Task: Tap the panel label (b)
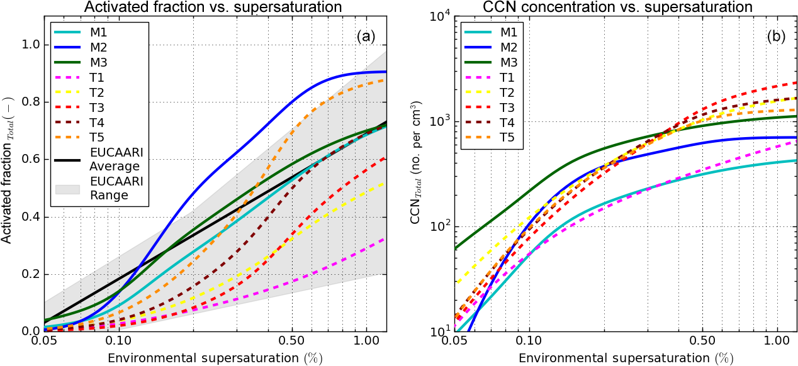pos(775,36)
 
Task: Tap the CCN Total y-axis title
pos(419,176)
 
